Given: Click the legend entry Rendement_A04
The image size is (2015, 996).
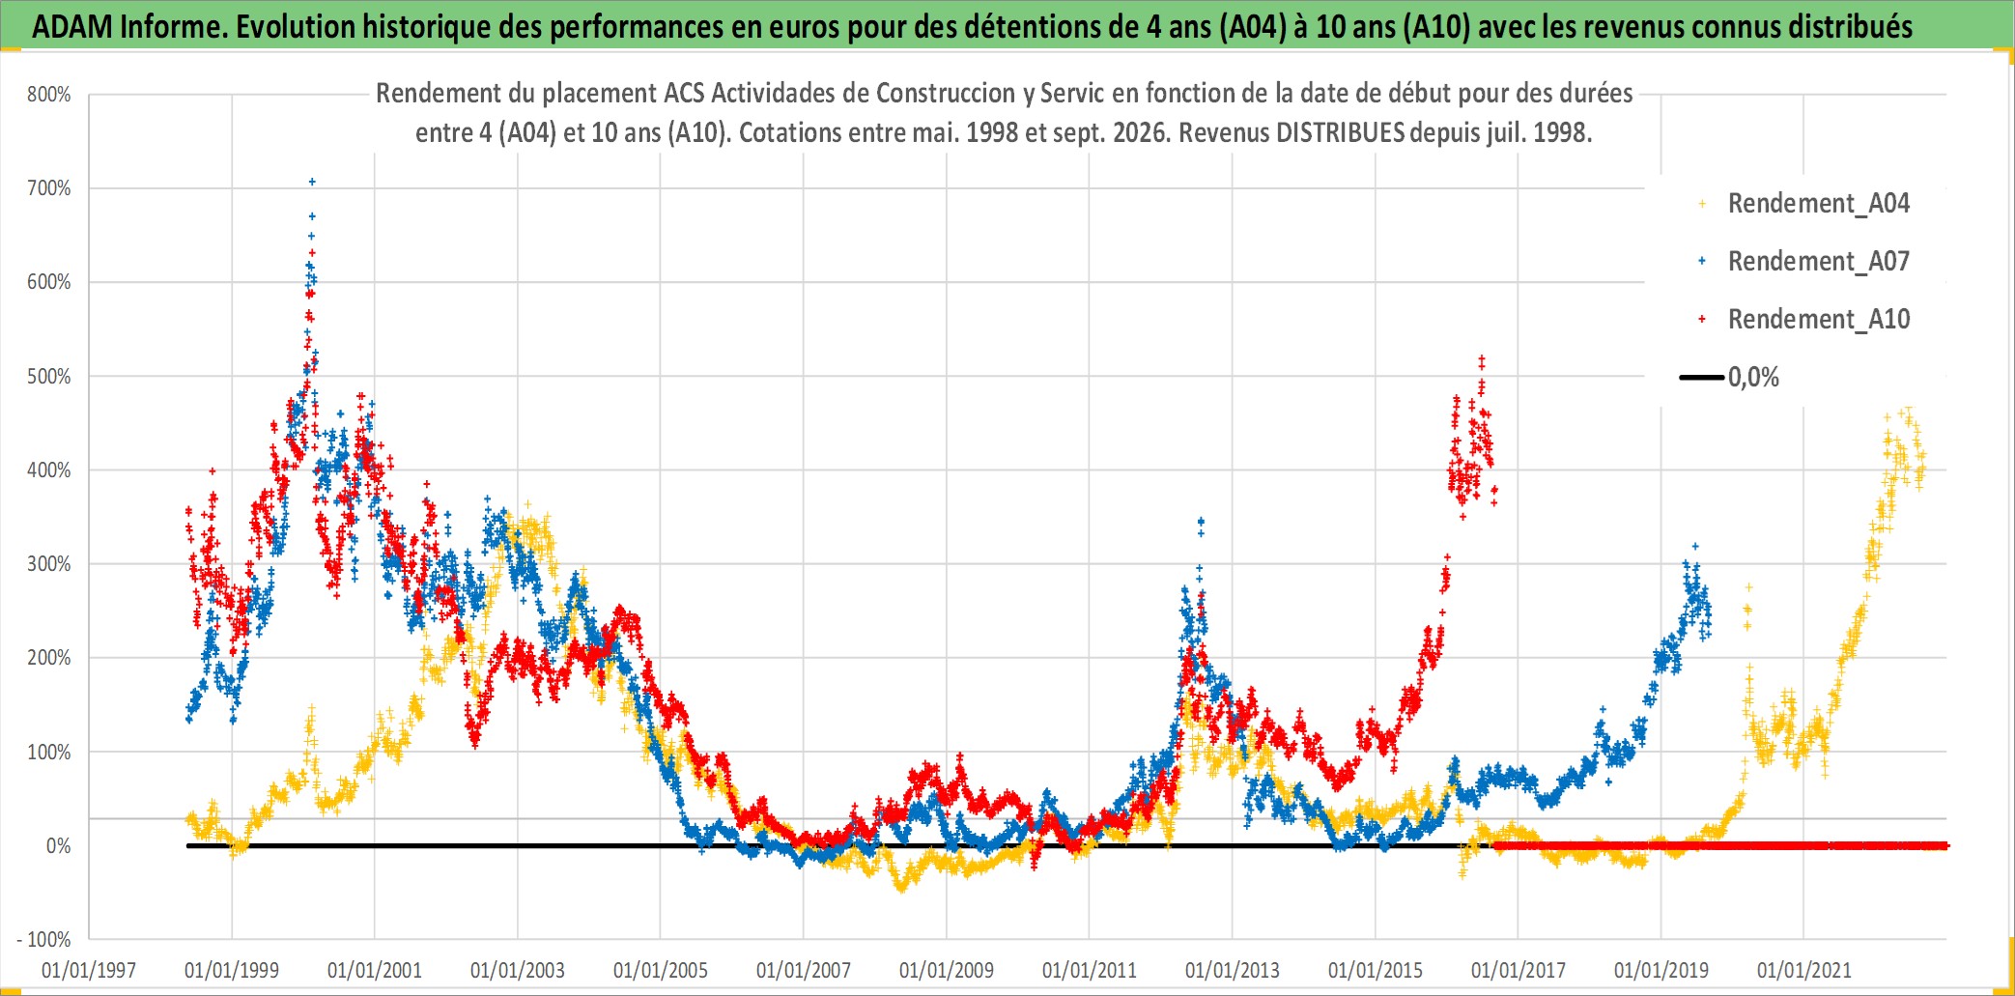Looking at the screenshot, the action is [1818, 204].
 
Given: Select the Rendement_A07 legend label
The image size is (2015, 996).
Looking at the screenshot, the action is [1818, 262].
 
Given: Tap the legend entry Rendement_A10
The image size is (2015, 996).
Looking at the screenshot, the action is [1818, 320].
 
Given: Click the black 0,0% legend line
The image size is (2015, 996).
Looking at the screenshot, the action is [1702, 377].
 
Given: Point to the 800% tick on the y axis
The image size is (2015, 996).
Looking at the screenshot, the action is [49, 95].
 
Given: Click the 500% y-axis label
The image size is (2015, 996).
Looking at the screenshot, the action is [49, 377].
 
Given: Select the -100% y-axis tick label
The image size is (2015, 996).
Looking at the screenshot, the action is [44, 939].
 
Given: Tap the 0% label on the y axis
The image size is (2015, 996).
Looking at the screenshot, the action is [59, 846].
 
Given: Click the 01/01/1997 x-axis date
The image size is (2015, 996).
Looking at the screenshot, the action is [89, 970].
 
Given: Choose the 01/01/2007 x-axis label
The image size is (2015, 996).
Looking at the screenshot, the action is [804, 970].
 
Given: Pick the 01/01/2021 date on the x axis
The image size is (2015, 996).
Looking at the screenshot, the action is [1804, 970].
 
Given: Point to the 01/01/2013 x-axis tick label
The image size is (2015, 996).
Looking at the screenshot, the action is [1233, 970].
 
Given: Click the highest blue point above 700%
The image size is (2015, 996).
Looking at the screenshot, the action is [311, 182].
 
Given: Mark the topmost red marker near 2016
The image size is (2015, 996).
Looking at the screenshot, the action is [1482, 358].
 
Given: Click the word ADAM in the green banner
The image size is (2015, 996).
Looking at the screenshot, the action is [72, 27].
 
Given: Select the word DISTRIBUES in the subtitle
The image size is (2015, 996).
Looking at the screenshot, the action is [1340, 132].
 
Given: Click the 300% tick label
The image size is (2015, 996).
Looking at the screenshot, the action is [49, 564].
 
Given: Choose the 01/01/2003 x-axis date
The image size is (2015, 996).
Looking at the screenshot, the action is [518, 970].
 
